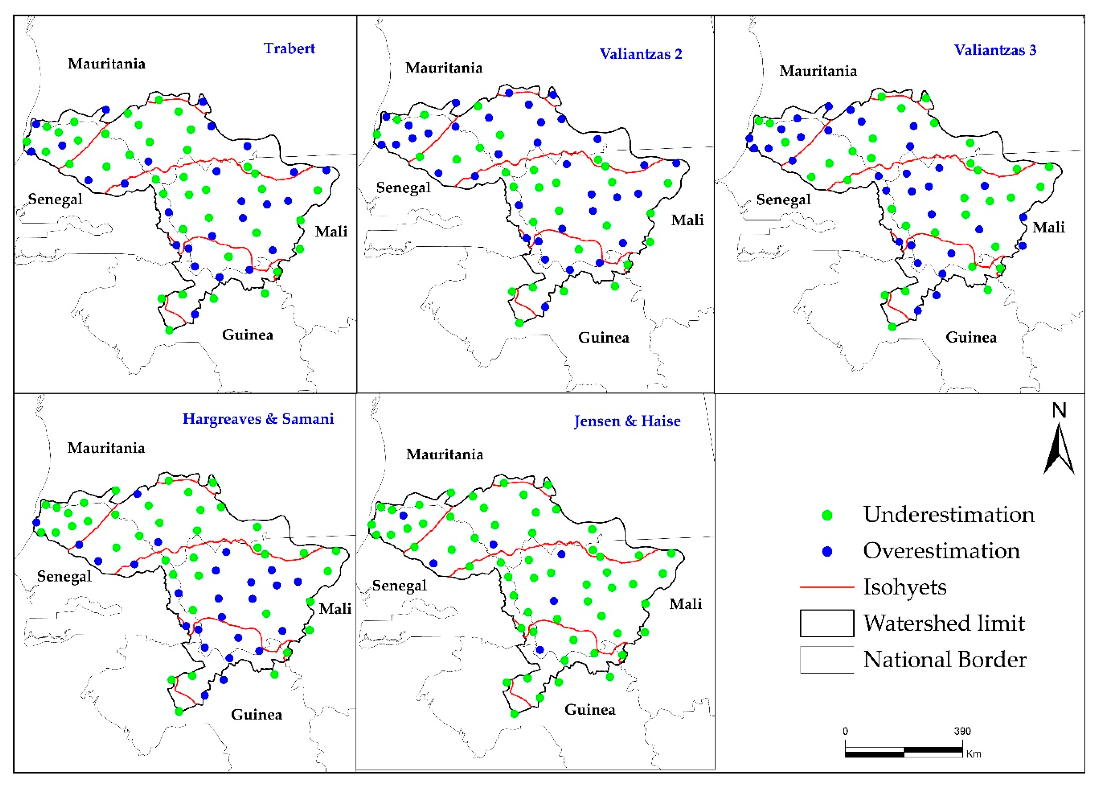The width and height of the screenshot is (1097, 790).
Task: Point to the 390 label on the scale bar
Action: click(x=962, y=731)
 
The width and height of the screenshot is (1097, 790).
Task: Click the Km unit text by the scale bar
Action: click(x=974, y=754)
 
